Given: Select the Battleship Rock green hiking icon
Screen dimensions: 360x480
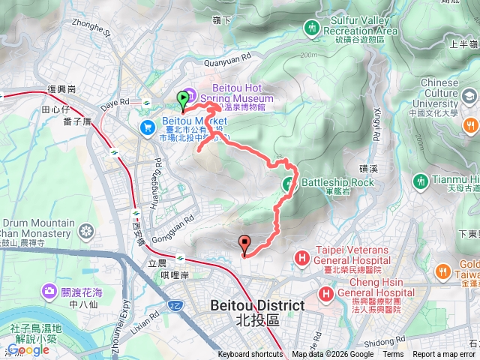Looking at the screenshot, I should [288, 183].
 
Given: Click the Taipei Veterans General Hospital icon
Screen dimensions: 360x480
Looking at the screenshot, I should [301, 259].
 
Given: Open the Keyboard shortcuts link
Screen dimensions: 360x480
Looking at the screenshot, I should [251, 355].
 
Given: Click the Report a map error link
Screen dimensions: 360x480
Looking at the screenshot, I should [445, 355].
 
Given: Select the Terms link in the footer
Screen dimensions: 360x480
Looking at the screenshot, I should [392, 355].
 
